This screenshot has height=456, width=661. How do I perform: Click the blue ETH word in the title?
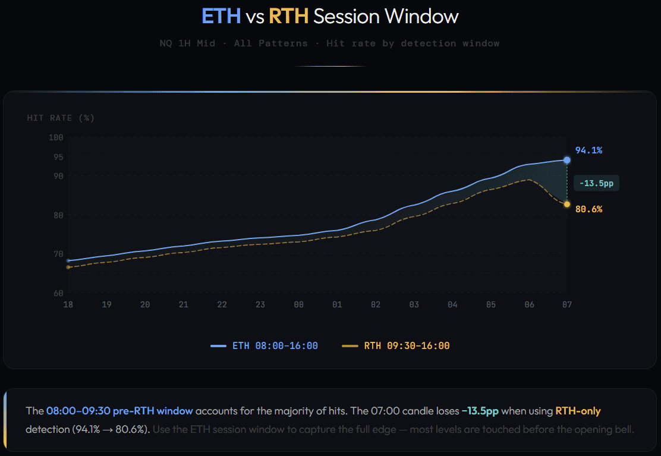coord(221,16)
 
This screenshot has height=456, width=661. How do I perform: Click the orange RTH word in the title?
coord(289,16)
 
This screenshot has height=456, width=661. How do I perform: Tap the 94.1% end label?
coord(588,150)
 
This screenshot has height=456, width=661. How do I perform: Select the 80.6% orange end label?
coord(588,209)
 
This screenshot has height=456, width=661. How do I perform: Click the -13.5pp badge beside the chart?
coord(596,184)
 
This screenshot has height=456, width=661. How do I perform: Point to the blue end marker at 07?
coord(567,160)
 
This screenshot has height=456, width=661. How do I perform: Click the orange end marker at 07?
coord(567,205)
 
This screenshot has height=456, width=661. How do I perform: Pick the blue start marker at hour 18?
coord(68,260)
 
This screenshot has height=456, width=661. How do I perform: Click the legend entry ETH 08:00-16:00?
coord(265,345)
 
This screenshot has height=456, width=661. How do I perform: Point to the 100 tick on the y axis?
coord(56,137)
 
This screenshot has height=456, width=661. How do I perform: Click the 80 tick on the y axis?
coord(58,215)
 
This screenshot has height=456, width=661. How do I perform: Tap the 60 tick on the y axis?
coord(58,293)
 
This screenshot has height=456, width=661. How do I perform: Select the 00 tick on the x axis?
coord(298,304)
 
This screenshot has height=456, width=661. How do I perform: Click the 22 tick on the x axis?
coord(222,304)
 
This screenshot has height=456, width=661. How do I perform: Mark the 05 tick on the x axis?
coord(490,304)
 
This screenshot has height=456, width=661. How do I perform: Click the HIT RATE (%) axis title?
coord(61,118)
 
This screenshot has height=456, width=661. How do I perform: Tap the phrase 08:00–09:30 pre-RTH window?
coord(119,411)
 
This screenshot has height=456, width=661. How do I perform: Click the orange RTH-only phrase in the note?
coord(578,411)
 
